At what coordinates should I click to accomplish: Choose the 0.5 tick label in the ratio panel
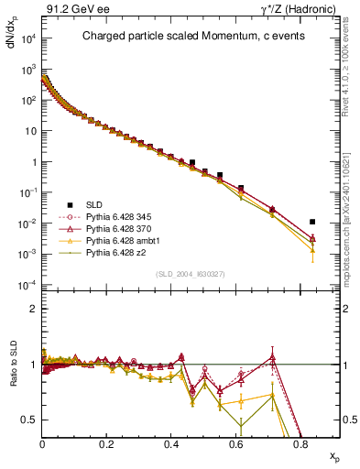click(29, 420)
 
